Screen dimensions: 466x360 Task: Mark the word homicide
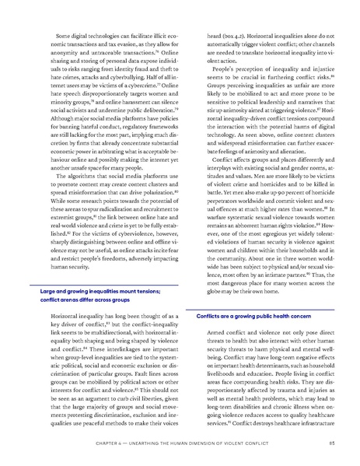(315, 190)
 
